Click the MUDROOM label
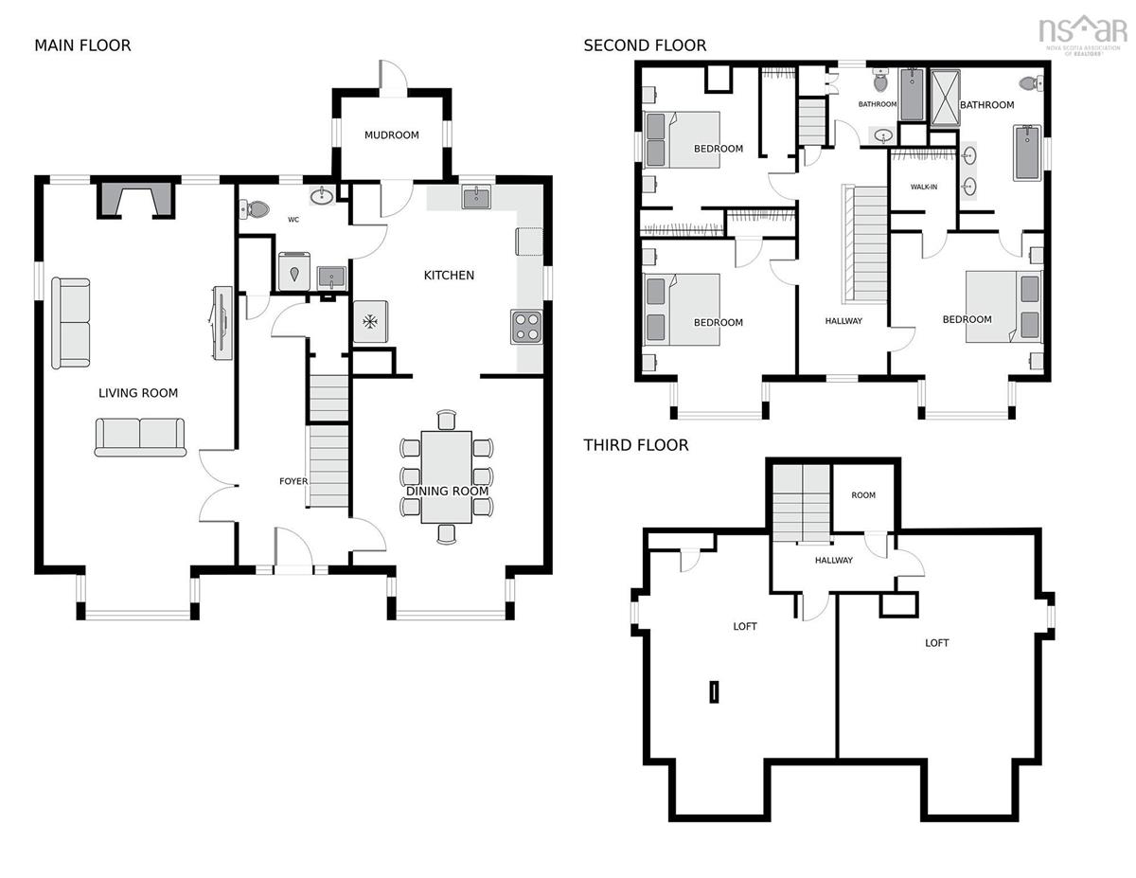coord(392,134)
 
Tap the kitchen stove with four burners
coord(526,327)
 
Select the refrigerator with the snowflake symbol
coord(371,322)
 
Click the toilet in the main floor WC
coord(255,209)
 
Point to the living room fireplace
coord(136,200)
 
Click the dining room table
coord(447,476)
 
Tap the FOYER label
coord(293,481)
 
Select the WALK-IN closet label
coord(924,187)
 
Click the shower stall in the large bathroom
coord(945,99)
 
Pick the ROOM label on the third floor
coord(863,494)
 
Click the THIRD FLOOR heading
coord(636,445)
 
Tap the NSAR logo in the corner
coord(1082,34)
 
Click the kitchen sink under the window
coord(476,198)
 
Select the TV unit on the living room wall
coord(222,323)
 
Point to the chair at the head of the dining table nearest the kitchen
coord(447,420)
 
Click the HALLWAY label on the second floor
coord(843,321)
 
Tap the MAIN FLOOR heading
coord(82,45)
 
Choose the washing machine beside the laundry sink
coord(294,271)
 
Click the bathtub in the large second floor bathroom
coord(1027,152)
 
